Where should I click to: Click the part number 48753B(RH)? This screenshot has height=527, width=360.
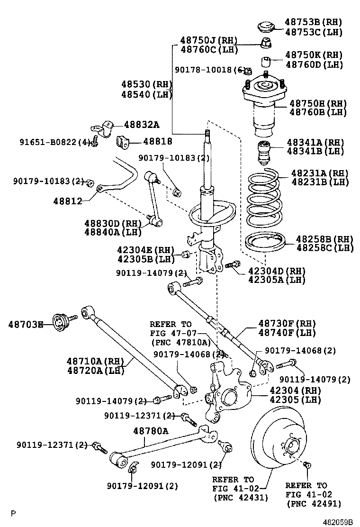[313, 22]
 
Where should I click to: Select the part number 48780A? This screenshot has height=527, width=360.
[151, 430]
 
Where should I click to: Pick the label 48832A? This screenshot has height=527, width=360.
[142, 125]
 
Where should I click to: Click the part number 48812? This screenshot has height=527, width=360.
[68, 201]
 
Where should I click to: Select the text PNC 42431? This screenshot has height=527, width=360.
[241, 497]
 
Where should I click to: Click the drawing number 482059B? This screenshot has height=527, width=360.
[338, 522]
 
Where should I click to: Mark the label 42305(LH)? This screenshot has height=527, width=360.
[295, 400]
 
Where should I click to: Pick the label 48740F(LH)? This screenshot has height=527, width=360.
[287, 333]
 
